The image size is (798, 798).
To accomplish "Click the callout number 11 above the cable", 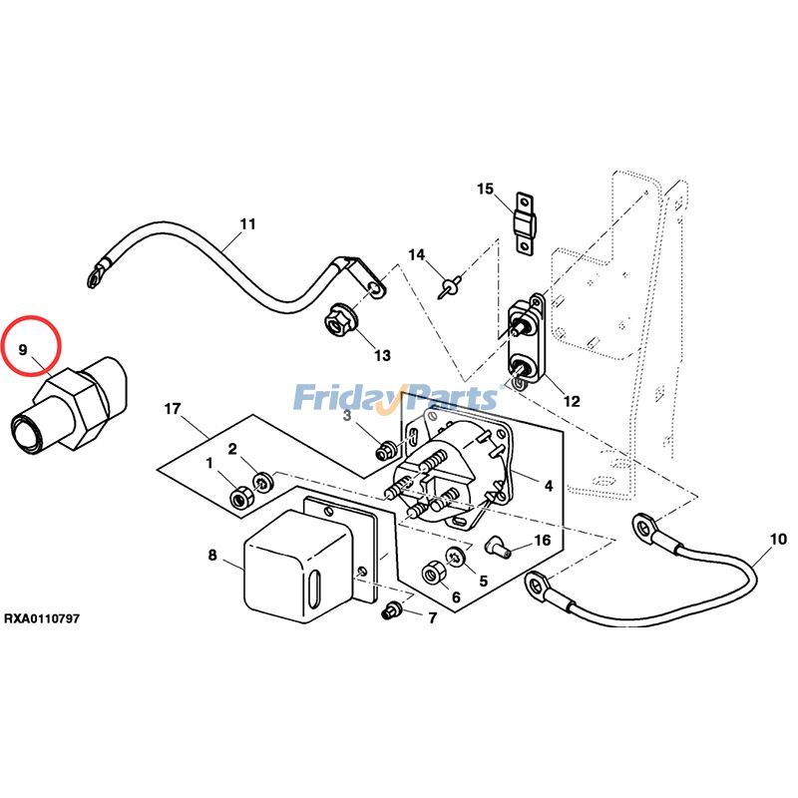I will coord(247,223).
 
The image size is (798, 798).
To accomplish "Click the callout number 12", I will coord(571,402).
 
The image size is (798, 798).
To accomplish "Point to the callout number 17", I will coord(172,409).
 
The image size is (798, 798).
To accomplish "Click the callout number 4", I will coord(548,486).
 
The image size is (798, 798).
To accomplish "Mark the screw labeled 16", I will coord(500,546).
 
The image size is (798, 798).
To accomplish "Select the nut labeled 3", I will coord(382,451).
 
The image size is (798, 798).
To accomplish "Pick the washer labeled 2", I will coord(261,483).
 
